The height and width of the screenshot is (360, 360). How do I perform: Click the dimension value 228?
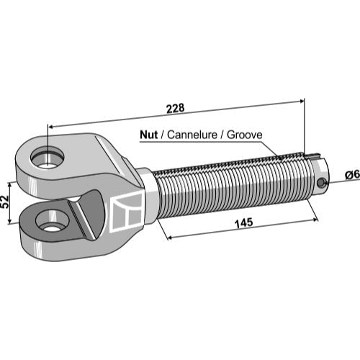pos(176,108)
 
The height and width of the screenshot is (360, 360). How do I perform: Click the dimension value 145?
pos(244,222)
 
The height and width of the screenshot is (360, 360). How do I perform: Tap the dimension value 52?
pos(5,202)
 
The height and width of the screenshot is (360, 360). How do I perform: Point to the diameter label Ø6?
pos(352,175)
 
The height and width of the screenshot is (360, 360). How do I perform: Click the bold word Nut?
pos(149,135)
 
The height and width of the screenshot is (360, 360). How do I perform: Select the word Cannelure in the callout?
pos(192,135)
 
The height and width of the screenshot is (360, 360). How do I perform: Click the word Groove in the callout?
pos(245,135)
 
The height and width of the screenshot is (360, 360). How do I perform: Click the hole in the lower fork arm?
pos(52,221)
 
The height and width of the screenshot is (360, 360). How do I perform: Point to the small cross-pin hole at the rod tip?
pos(320,183)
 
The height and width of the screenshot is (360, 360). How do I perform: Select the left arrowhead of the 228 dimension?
pos(52,127)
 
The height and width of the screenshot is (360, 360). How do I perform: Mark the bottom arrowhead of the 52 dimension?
pos(9,220)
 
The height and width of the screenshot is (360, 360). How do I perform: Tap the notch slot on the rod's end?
pos(313,156)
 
